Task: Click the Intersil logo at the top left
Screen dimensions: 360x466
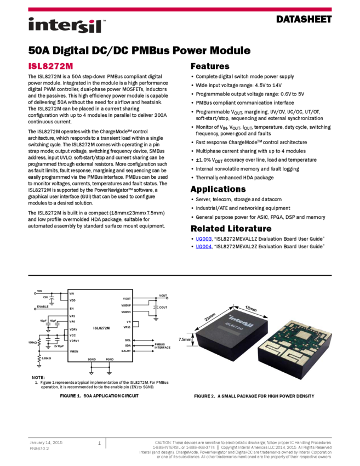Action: pos(67,26)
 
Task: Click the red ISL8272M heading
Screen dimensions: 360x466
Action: pos(50,66)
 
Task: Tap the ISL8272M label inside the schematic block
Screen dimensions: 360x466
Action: pos(101,328)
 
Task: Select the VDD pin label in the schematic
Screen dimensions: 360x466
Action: pos(72,300)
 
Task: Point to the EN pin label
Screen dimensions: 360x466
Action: pos(71,309)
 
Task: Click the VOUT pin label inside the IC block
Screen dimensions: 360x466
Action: pos(127,299)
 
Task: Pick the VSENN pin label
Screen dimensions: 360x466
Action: pos(126,312)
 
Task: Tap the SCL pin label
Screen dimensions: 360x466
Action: pos(128,340)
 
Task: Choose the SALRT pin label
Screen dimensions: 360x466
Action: pos(126,351)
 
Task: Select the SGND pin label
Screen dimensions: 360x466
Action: pos(92,359)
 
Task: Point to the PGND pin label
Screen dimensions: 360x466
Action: pos(110,359)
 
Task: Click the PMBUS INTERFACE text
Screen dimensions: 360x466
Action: pos(163,346)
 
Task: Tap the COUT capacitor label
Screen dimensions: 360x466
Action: pos(163,308)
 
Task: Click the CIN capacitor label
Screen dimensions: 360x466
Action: pos(45,297)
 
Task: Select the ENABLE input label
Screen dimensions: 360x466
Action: pos(43,306)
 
